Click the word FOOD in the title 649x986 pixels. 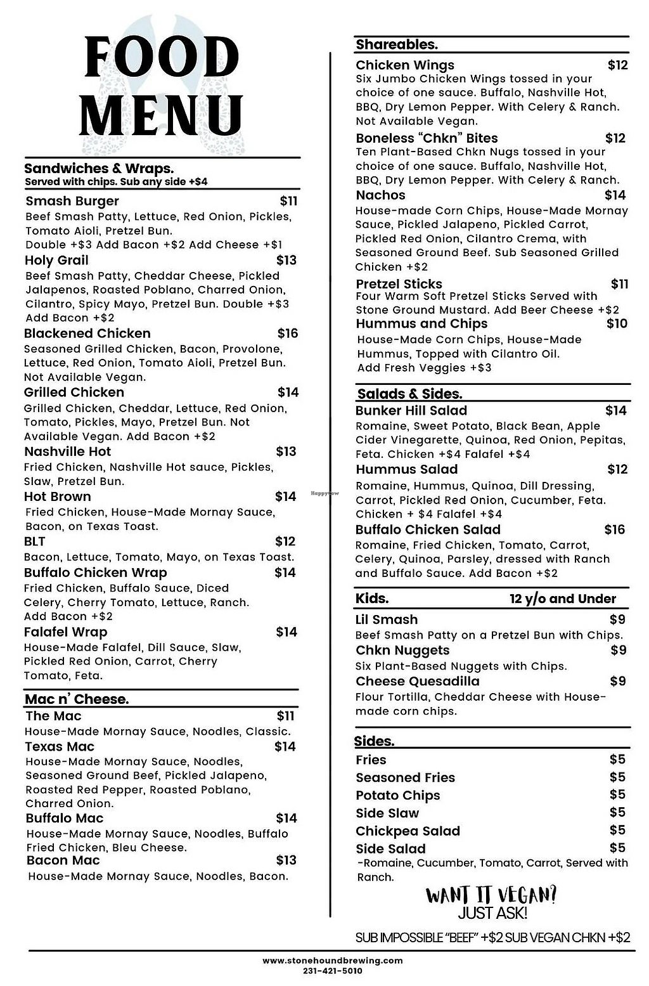click(162, 58)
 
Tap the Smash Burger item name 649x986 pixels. click(72, 202)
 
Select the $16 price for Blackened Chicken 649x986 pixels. click(287, 334)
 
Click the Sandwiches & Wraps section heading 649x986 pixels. click(99, 169)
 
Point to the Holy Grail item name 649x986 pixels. click(56, 261)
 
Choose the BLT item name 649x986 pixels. click(35, 542)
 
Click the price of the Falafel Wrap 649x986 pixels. click(286, 632)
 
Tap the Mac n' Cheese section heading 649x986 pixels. click(77, 699)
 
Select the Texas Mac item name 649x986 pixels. click(60, 747)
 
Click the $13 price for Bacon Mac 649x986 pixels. click(286, 860)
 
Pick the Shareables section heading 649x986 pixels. click(397, 44)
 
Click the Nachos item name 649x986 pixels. click(380, 195)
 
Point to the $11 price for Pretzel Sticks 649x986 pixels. click(619, 284)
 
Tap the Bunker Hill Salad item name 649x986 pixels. click(411, 411)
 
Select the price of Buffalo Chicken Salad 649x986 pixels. click(614, 530)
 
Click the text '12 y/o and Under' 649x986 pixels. click(562, 599)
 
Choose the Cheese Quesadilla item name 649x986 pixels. click(418, 682)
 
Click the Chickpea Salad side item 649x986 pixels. click(408, 831)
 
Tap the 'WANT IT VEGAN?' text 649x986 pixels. click(491, 895)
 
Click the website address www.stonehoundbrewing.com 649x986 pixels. click(333, 961)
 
